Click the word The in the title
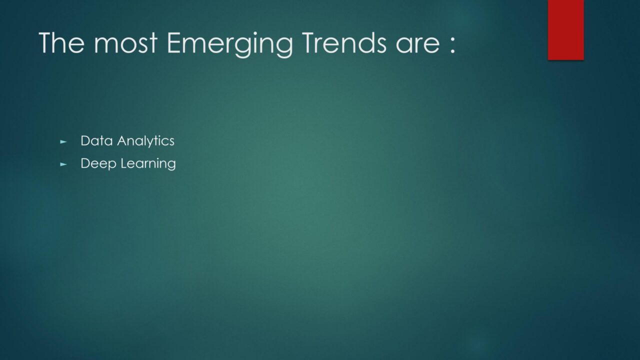tap(61, 42)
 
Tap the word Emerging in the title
tap(229, 45)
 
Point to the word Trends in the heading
tap(344, 42)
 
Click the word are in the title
tap(417, 46)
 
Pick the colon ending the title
tap(452, 46)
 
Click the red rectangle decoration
tap(565, 29)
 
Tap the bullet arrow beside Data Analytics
tap(63, 141)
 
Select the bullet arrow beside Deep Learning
tap(63, 164)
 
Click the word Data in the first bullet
tap(96, 140)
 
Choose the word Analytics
tap(145, 141)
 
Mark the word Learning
tap(148, 164)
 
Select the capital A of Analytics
tap(122, 140)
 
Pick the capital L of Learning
tap(124, 163)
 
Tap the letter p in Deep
tap(112, 165)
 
